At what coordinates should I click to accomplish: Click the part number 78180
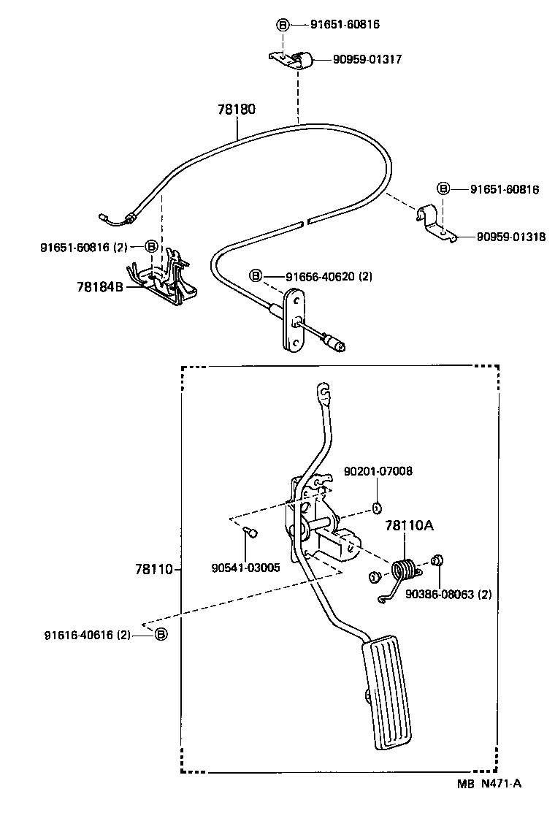tap(237, 110)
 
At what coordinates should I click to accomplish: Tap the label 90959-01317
tap(367, 59)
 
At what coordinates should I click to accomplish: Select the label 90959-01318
tap(511, 237)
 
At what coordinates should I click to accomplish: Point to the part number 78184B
tap(100, 287)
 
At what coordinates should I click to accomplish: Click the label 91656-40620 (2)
tap(329, 276)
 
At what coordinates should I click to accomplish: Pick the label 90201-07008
tap(378, 471)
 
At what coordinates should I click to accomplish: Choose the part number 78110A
tap(410, 525)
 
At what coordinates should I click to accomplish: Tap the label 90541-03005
tap(245, 568)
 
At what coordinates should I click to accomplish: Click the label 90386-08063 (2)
tap(448, 595)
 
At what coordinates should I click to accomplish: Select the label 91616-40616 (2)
tap(87, 636)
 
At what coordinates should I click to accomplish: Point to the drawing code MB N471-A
tap(489, 784)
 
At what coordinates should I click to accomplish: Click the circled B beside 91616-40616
tap(161, 635)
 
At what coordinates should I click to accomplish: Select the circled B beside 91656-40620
tap(256, 275)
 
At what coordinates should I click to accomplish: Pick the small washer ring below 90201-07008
tap(376, 508)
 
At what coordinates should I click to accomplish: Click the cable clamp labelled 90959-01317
tap(291, 59)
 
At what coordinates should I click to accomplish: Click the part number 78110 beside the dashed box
tap(155, 569)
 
